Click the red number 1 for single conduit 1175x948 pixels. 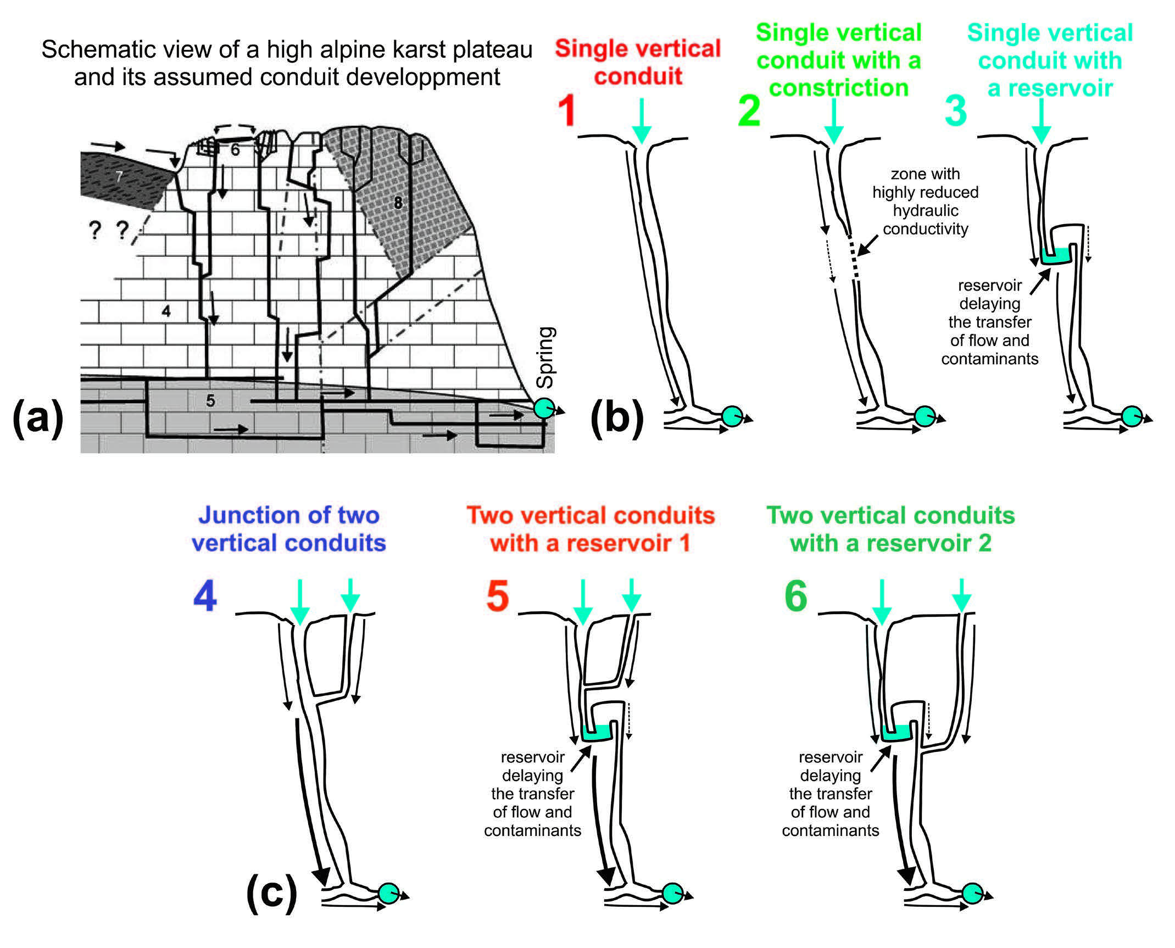(x=566, y=110)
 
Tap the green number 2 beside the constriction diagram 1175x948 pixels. (x=749, y=110)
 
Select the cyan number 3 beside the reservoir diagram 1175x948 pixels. (x=955, y=110)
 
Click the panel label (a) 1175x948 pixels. (x=37, y=419)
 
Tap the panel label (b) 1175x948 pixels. (x=616, y=419)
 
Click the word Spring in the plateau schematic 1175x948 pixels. (x=546, y=357)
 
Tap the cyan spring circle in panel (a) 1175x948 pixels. (x=544, y=408)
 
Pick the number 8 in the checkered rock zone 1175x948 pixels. (x=398, y=203)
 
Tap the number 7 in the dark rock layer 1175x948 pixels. (x=119, y=176)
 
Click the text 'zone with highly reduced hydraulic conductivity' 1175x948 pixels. (x=925, y=202)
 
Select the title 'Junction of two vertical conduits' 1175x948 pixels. (x=288, y=529)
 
